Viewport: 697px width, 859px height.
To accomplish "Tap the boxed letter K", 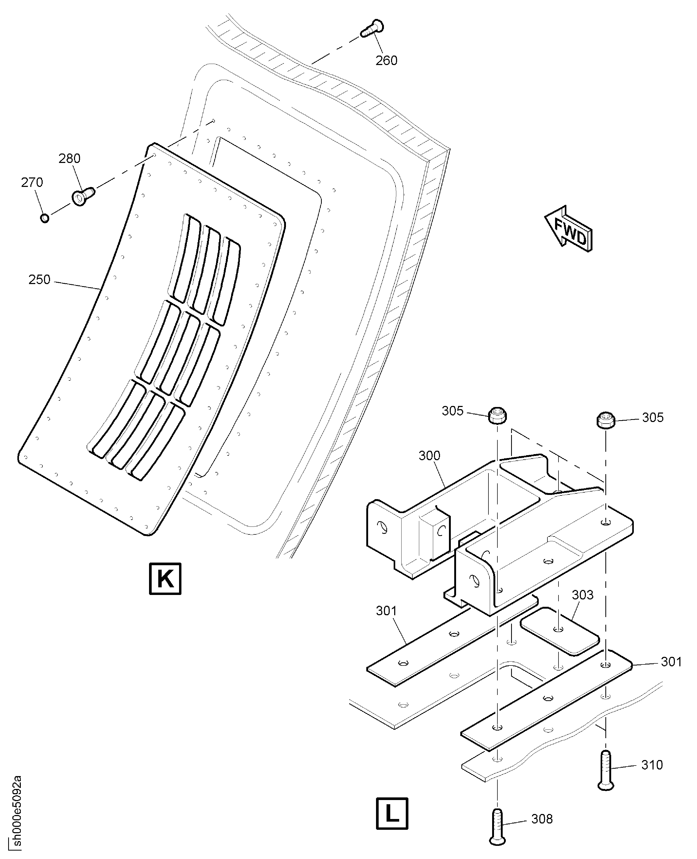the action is coord(165,578).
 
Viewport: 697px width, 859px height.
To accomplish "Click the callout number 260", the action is coord(386,61).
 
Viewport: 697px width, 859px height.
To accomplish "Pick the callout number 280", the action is coord(70,158).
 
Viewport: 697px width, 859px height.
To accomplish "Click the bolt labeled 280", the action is coord(83,196).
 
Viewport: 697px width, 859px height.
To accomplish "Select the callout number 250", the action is coord(39,279).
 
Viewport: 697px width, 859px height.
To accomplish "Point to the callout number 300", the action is coord(429,456).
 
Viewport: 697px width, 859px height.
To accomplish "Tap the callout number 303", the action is coord(582,595).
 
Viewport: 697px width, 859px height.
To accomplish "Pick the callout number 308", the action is coord(542,819).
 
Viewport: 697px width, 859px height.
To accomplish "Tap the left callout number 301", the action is coord(386,611).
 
